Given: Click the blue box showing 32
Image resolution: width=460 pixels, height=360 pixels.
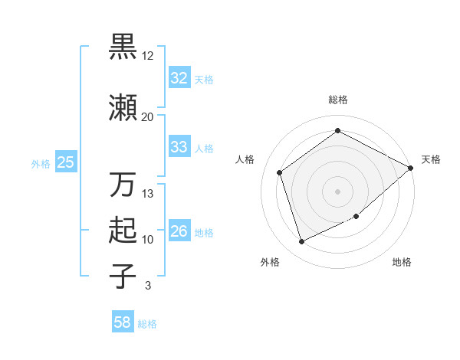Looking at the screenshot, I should [x=179, y=77].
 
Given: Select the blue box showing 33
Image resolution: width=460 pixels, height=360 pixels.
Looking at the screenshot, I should [x=179, y=147].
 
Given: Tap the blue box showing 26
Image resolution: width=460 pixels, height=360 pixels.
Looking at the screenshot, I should [x=179, y=231].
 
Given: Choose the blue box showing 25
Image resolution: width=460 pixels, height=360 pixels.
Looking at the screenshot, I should [x=65, y=162].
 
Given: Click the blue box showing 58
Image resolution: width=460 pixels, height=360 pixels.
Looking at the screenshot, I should [x=123, y=322].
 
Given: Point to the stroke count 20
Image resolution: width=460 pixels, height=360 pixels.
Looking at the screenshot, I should [x=147, y=116].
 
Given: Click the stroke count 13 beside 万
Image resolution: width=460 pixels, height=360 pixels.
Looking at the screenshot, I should [x=148, y=194].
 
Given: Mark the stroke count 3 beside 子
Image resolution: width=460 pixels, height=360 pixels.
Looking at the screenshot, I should [x=147, y=286].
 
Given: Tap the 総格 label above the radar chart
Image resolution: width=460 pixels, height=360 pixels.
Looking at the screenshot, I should [x=337, y=100].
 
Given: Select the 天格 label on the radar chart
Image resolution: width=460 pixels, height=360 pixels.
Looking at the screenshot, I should [x=431, y=159].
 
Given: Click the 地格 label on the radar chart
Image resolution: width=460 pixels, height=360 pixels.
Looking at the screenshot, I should [x=402, y=262].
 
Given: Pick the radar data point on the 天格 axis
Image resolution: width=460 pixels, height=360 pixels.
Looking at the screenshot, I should [x=411, y=167].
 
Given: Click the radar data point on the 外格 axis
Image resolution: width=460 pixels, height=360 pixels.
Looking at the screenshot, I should [x=301, y=242].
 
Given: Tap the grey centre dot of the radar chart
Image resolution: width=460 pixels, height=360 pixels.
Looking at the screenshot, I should [x=337, y=191].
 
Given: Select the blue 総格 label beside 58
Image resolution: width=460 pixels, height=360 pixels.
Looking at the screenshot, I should [x=147, y=324].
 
